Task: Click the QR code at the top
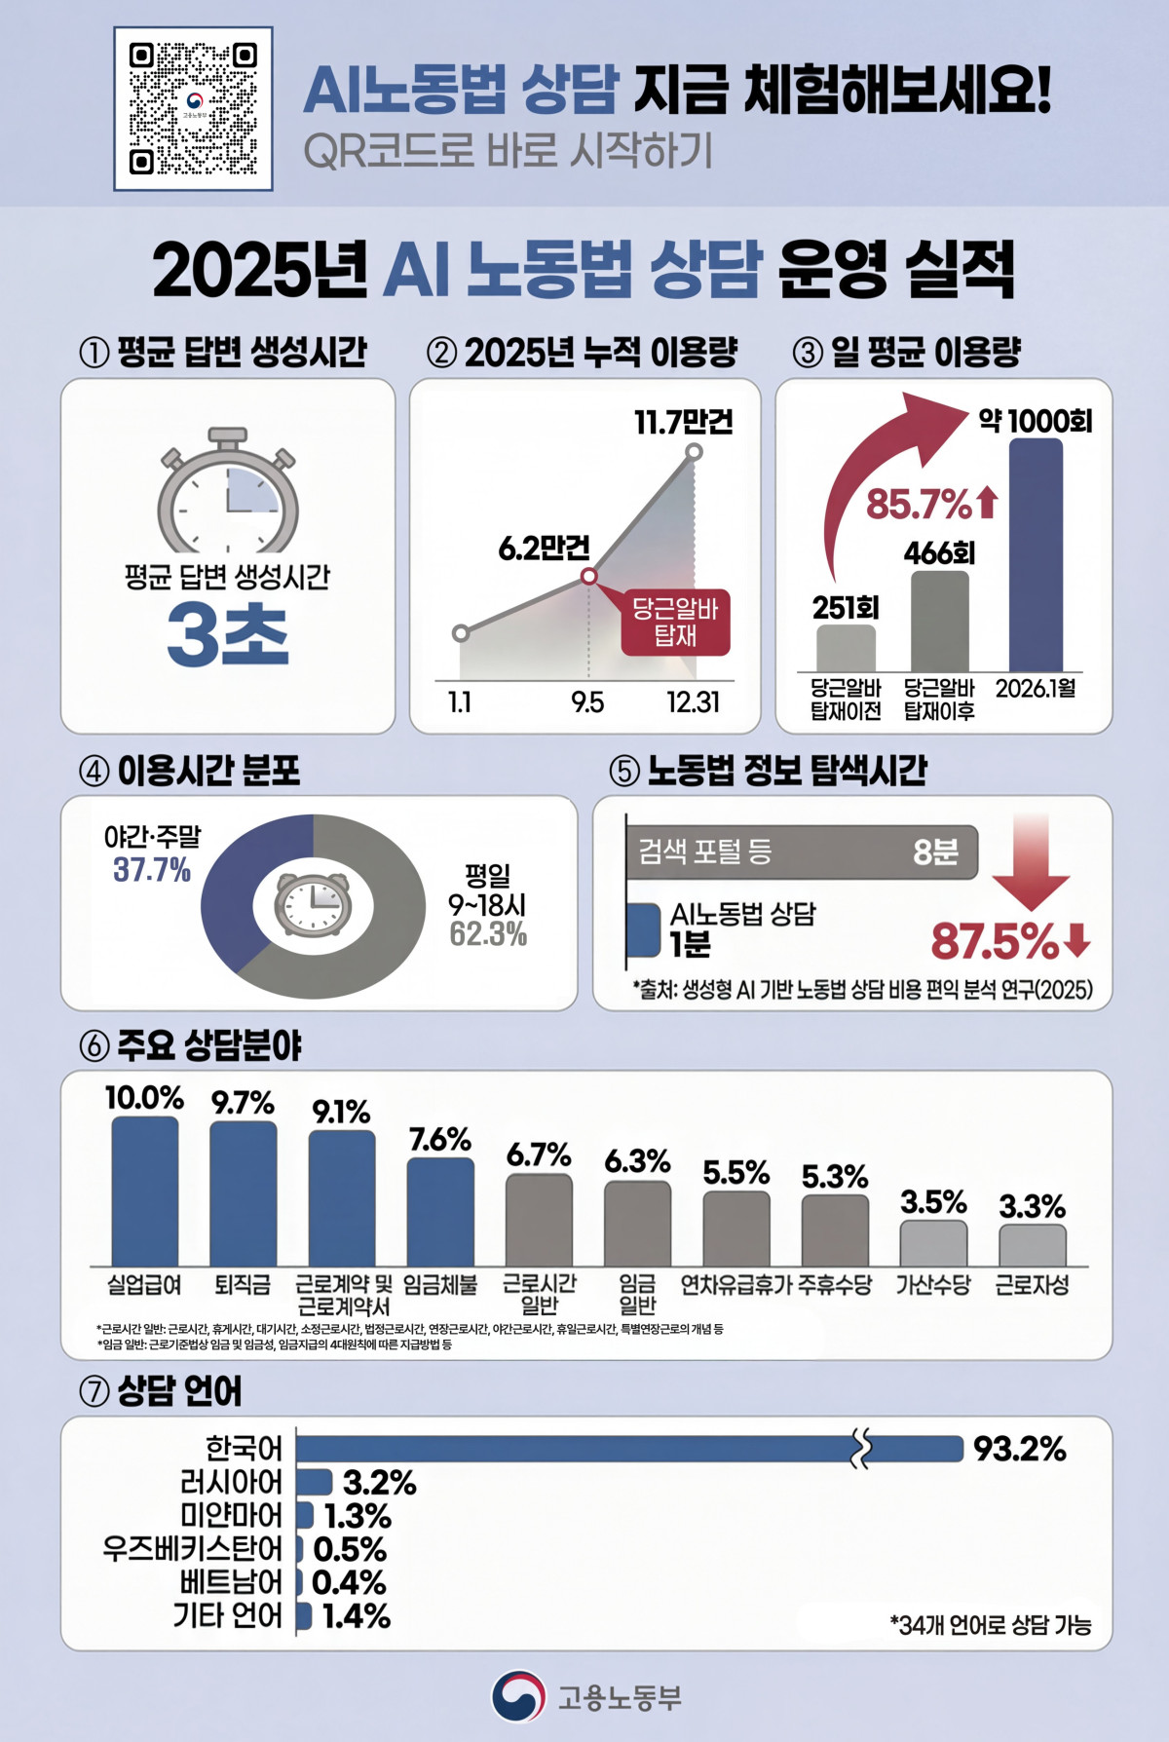193,108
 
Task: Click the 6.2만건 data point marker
588,576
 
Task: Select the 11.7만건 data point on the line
694,451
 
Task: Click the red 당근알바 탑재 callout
675,623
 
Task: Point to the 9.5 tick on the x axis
587,702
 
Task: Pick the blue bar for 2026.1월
1036,555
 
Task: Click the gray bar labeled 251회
846,648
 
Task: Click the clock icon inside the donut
313,904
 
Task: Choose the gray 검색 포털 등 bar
801,852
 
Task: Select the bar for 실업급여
145,1192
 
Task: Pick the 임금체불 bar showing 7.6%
440,1212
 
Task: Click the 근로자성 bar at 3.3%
1033,1245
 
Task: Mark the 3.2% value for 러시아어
379,1483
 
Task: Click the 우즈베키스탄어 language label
192,1548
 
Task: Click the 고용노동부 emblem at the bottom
518,1696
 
